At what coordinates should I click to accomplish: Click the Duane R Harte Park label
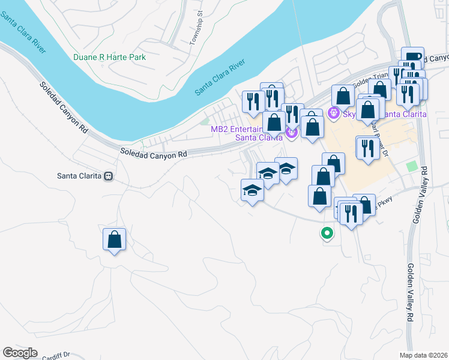click(109, 58)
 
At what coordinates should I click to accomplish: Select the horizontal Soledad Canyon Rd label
click(154, 154)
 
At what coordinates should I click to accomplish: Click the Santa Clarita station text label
click(79, 176)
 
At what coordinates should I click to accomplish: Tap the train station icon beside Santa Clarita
click(109, 176)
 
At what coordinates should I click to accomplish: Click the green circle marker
click(327, 232)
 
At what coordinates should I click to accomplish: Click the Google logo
click(20, 353)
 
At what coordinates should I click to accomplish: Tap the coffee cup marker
click(412, 58)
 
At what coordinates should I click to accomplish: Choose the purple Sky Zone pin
click(334, 112)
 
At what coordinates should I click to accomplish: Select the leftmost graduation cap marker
click(252, 190)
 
